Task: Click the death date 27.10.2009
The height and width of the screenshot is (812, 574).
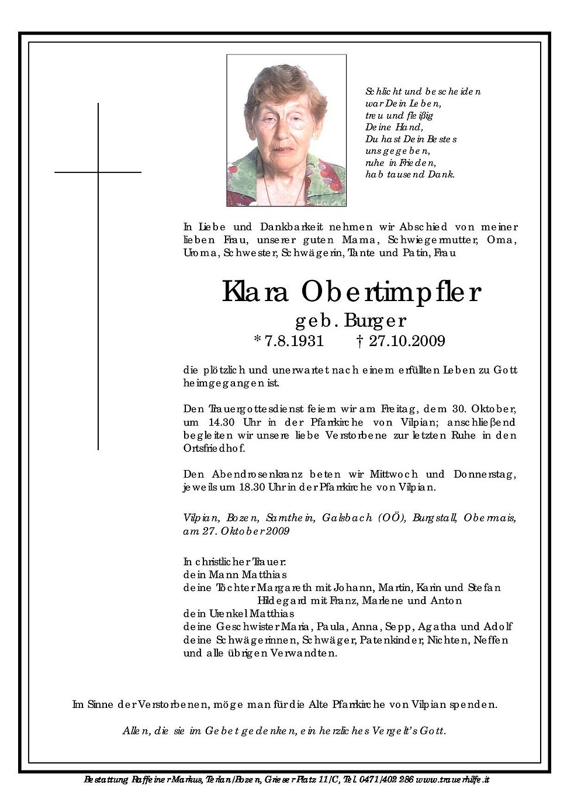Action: pyautogui.click(x=406, y=341)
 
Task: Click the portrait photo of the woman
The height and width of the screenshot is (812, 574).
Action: pyautogui.click(x=286, y=130)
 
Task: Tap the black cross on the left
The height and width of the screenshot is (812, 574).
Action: pyautogui.click(x=98, y=234)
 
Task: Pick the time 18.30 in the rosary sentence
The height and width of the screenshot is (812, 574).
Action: pyautogui.click(x=251, y=487)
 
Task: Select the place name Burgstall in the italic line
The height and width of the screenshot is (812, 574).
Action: pyautogui.click(x=435, y=518)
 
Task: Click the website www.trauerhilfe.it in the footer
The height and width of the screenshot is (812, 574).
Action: pyautogui.click(x=453, y=779)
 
